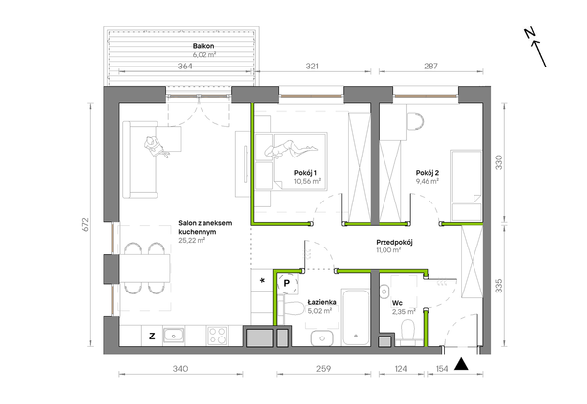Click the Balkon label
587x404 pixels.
(203, 46)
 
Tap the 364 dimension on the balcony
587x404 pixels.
(185, 67)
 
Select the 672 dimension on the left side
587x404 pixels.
(86, 224)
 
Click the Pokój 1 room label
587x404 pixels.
(306, 173)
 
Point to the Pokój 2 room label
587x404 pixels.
(428, 173)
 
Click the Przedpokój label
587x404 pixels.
(394, 243)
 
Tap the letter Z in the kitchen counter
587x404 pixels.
(152, 337)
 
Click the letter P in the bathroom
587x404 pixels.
(287, 283)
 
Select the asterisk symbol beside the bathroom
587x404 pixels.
(262, 280)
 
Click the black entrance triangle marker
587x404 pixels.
(461, 364)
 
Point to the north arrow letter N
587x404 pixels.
(529, 33)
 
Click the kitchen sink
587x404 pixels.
(174, 336)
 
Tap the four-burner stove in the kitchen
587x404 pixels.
(217, 336)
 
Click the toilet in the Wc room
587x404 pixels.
(407, 333)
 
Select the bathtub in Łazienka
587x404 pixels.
(356, 317)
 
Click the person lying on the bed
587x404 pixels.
(292, 149)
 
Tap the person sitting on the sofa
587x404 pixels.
(157, 147)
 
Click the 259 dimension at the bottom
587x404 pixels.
(324, 369)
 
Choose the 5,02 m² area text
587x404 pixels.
(319, 310)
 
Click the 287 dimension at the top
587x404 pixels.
(430, 67)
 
